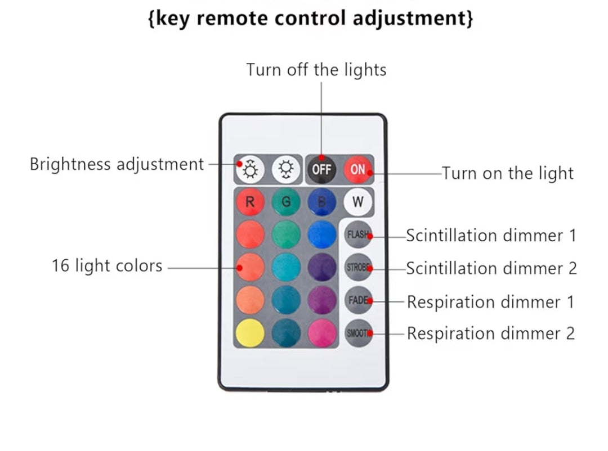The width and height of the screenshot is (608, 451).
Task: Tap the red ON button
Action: point(358,169)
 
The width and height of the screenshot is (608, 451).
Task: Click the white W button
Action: point(358,202)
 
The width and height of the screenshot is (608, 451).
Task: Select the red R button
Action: point(250,202)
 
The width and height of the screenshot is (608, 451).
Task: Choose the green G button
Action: point(286,202)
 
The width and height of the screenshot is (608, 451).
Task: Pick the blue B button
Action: point(322,202)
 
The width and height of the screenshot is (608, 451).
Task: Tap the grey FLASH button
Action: point(358,234)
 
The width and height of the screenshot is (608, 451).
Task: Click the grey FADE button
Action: point(358,300)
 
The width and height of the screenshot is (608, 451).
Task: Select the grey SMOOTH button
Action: point(358,333)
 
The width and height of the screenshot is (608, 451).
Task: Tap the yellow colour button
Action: point(250,333)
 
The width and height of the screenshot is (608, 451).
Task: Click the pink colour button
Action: point(322,333)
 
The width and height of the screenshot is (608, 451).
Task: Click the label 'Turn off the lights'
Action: point(316,70)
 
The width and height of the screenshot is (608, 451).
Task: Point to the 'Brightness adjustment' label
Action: point(117,164)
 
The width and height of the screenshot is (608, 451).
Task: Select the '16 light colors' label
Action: point(107,265)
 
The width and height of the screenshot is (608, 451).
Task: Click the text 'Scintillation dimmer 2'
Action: point(491,268)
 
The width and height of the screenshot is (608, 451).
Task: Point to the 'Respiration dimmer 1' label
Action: point(490,302)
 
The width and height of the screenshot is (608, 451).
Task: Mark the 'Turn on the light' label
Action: point(507,173)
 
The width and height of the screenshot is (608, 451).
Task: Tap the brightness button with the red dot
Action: point(250,169)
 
